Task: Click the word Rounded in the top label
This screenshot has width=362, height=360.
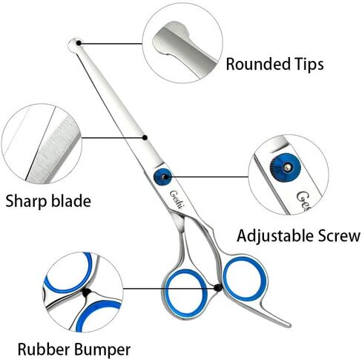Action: pyautogui.click(x=258, y=64)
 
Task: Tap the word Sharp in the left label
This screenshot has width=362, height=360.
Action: pyautogui.click(x=26, y=202)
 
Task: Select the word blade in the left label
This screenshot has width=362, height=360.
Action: pyautogui.click(x=71, y=200)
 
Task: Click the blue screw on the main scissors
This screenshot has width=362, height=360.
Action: pyautogui.click(x=162, y=177)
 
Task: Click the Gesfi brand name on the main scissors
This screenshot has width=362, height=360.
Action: pyautogui.click(x=176, y=200)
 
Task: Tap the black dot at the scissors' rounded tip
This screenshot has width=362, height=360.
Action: pyautogui.click(x=79, y=43)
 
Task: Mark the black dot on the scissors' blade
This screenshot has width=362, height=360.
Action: pyautogui.click(x=145, y=137)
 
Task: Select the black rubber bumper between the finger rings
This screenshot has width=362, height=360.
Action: pyautogui.click(x=218, y=287)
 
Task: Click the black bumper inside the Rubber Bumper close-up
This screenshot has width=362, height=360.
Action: pyautogui.click(x=87, y=292)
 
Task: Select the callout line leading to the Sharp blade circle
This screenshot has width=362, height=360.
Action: pyautogui.click(x=113, y=138)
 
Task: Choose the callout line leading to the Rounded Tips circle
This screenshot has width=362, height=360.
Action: pyautogui.click(x=111, y=44)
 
